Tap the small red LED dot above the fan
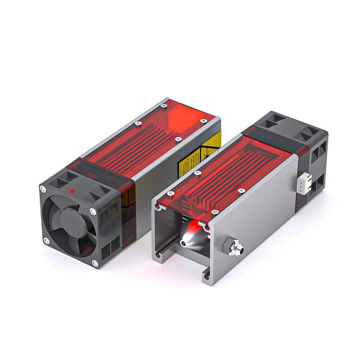pyautogui.click(x=70, y=191)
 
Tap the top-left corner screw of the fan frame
pyautogui.click(x=47, y=188)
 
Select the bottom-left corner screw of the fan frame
pyautogui.click(x=46, y=240)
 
